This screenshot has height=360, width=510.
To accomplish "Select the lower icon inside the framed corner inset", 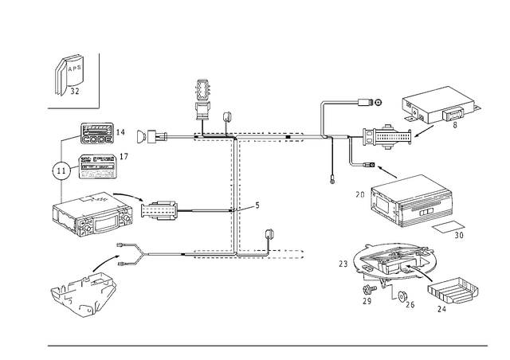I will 72,88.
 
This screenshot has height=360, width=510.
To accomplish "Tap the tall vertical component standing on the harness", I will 202,99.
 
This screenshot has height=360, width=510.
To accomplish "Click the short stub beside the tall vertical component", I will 226,119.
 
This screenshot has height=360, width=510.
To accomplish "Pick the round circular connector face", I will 58,169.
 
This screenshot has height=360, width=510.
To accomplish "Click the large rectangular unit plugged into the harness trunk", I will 92,212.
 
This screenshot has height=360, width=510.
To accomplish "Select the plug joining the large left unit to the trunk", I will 162,212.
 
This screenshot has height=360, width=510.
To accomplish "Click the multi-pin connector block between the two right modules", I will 381,137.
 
